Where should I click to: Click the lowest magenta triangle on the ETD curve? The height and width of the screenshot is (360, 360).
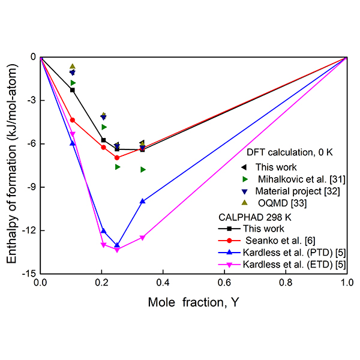click(x=117, y=250)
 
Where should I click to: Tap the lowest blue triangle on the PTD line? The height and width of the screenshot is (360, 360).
click(x=117, y=245)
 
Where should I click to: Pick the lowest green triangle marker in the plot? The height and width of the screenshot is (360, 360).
click(x=143, y=170)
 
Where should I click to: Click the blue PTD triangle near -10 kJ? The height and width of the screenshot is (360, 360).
click(x=142, y=202)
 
